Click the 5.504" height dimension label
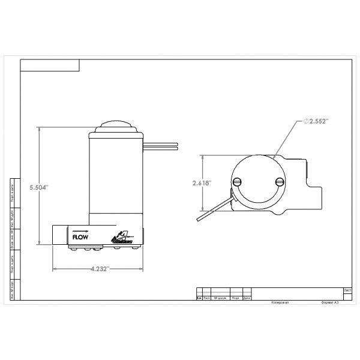pyautogui.click(x=39, y=187)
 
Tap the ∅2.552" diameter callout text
pyautogui.click(x=316, y=121)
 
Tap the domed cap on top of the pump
pyautogui.click(x=116, y=127)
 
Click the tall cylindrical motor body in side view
pyautogui.click(x=116, y=174)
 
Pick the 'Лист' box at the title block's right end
pyautogui.click(x=347, y=289)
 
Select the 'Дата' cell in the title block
pyautogui.click(x=247, y=297)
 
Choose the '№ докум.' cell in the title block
pyautogui.click(x=220, y=297)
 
